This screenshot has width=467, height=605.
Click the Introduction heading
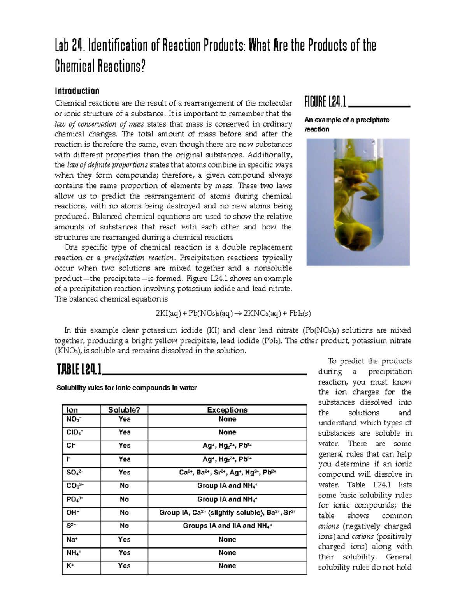pos(77,91)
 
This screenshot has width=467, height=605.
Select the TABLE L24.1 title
pos(79,369)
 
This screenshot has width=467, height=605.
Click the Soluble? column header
pos(124,410)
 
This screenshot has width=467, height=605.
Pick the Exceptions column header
pos(227,410)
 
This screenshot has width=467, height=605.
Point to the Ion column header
pos(72,410)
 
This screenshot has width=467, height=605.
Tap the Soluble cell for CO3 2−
pos(124,486)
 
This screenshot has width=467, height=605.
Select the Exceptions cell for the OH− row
pos(227,513)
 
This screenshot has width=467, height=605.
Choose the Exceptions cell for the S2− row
pos(227,526)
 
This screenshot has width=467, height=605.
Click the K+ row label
pos(70,566)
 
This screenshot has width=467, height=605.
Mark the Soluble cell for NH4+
pos(124,553)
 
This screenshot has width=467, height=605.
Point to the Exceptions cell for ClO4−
pos(227,432)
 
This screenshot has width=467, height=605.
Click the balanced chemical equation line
pos(233,313)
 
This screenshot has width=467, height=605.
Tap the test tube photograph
pos(358,202)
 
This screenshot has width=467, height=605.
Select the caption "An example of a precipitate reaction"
pos(347,124)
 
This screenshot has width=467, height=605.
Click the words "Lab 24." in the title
pos(70,46)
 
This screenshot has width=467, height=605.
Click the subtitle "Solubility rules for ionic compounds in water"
pos(126,388)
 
